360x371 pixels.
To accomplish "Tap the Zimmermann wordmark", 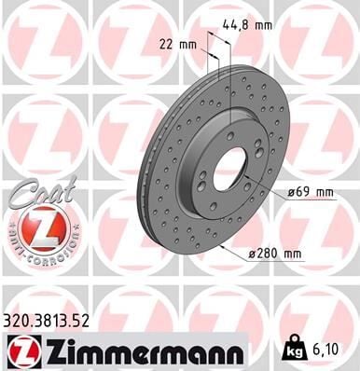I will [x=140, y=351].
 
